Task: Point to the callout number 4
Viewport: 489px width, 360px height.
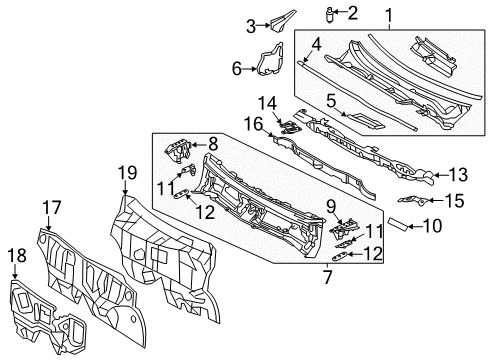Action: pyautogui.click(x=316, y=44)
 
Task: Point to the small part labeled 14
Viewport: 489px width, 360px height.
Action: pyautogui.click(x=289, y=125)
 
